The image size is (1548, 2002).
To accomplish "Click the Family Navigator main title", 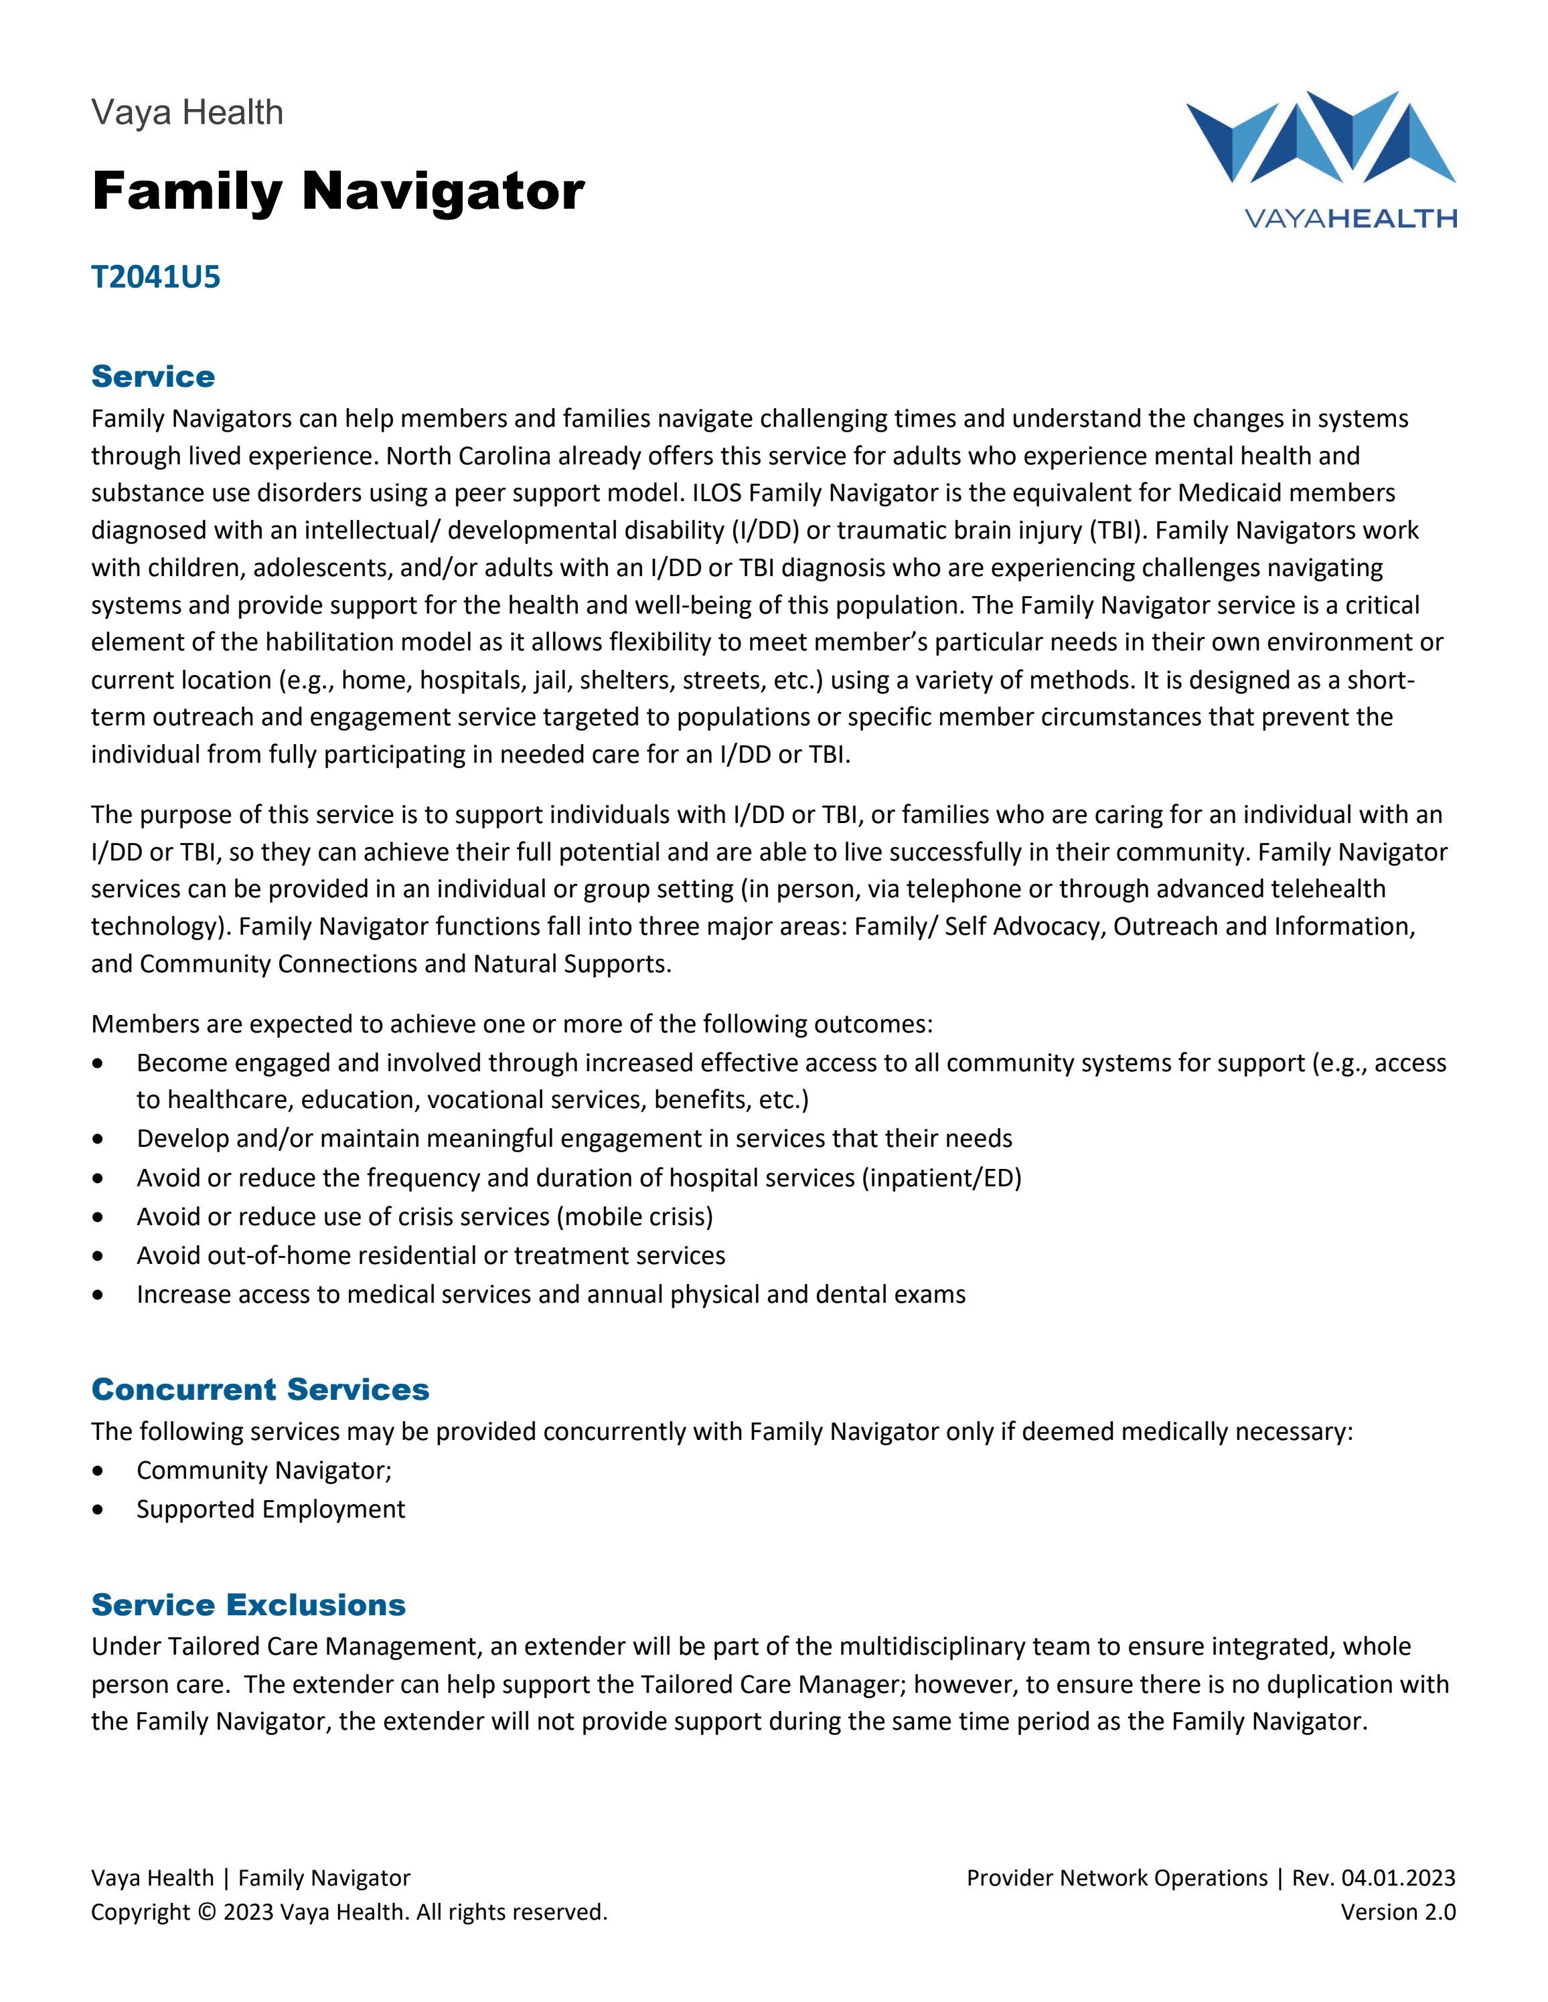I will [337, 191].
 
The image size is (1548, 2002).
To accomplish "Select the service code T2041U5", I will [156, 277].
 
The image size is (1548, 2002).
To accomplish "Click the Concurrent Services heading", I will [260, 1388].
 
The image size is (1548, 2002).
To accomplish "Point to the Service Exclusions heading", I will [248, 1604].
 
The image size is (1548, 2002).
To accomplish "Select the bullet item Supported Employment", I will [270, 1509].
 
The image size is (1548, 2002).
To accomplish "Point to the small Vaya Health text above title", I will [187, 113].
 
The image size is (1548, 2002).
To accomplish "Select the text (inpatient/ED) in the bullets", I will [941, 1177].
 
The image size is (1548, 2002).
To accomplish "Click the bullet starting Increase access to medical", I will [550, 1294].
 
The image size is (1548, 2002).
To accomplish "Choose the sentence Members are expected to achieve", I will [512, 1023].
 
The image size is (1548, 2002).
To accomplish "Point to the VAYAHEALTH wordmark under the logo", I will [1349, 218].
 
